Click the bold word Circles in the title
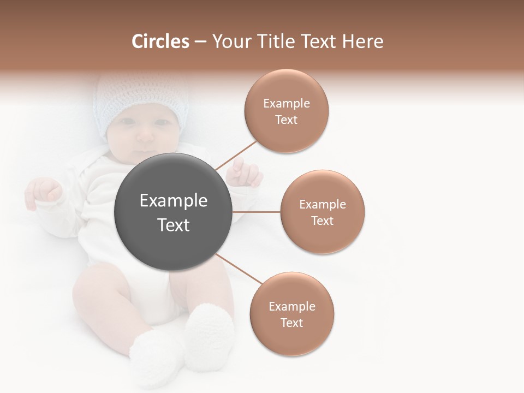160,41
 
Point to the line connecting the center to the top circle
236,155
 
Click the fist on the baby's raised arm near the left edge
45,191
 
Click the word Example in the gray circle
174,201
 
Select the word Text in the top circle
286,120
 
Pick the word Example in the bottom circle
291,307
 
